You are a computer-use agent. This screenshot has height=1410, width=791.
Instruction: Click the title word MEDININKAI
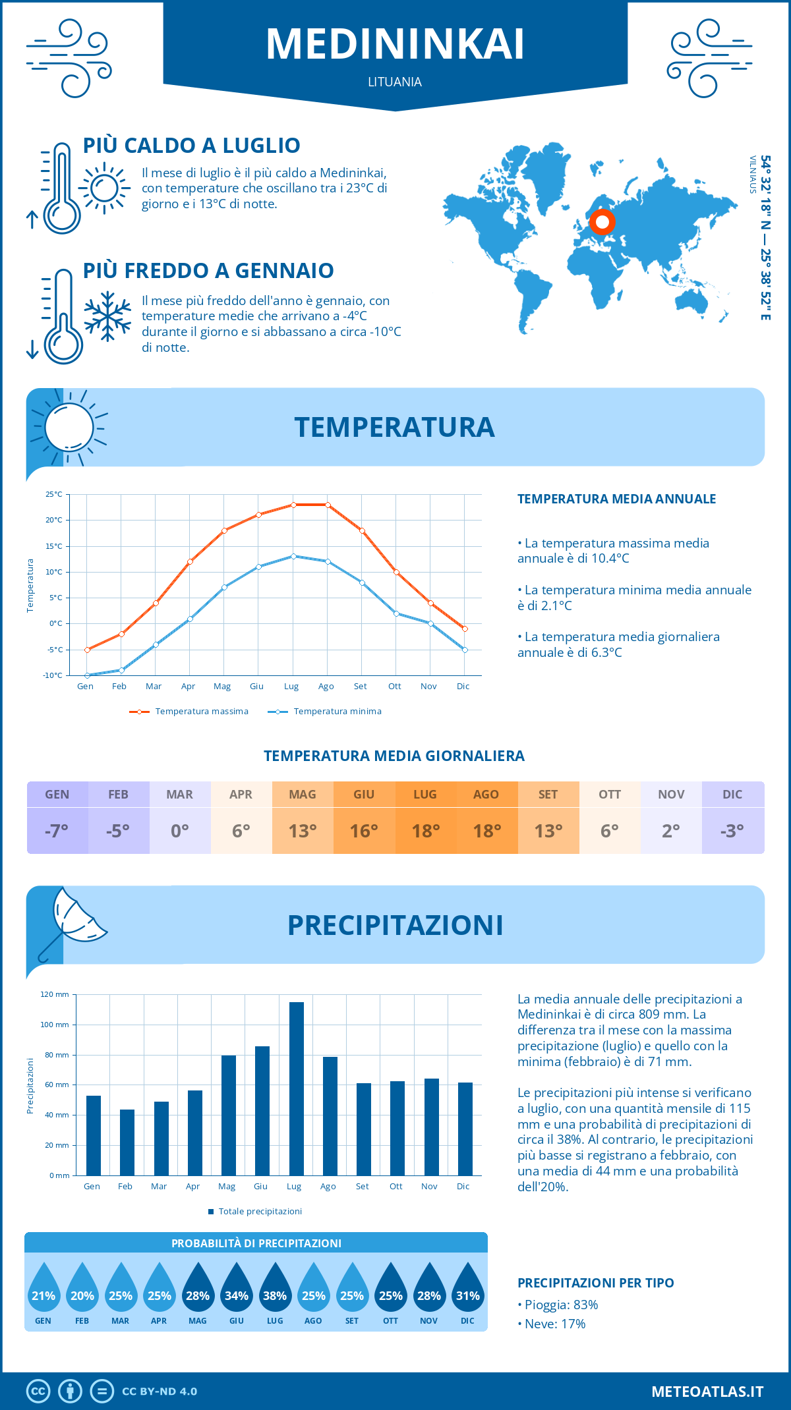point(395,44)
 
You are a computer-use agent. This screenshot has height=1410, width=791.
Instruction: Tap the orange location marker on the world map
point(602,222)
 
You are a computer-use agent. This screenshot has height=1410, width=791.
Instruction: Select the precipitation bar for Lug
point(296,1088)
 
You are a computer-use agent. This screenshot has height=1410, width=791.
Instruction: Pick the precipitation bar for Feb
point(127,1142)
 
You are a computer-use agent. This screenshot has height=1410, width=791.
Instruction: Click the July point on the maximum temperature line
point(293,505)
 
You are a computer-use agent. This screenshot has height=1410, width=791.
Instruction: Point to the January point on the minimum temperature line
point(87,675)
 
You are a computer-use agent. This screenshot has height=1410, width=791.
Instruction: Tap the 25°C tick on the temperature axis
point(54,494)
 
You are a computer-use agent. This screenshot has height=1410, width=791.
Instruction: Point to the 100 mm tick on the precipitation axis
point(55,1025)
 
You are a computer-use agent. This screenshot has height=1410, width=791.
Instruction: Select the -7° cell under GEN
point(57,831)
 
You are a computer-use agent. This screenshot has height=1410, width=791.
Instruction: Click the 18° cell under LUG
point(425,831)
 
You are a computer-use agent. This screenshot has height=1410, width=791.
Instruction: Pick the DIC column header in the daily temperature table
point(732,795)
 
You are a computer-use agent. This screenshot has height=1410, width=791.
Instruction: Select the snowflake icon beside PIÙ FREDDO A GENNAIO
point(107,316)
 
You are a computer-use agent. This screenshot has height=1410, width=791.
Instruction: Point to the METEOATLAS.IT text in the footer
point(707,1392)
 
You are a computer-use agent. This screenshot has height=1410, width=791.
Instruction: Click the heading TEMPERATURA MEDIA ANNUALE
point(616,499)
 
